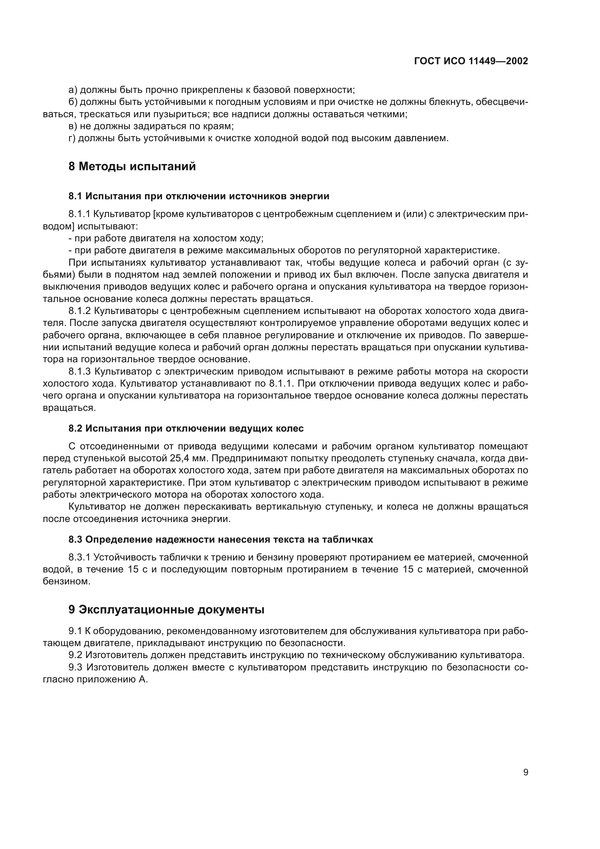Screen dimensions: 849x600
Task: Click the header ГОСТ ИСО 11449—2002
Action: pyautogui.click(x=471, y=61)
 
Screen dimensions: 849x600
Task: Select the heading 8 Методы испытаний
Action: pyautogui.click(x=132, y=166)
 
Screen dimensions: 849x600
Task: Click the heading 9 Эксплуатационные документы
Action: pyautogui.click(x=166, y=609)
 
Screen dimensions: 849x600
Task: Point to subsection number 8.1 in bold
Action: pyautogui.click(x=75, y=196)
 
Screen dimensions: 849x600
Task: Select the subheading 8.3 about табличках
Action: pyautogui.click(x=221, y=539)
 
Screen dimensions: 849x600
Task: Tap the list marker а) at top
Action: pyautogui.click(x=73, y=90)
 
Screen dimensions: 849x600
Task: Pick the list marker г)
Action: pyautogui.click(x=72, y=138)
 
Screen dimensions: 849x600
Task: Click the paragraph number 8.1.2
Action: pyautogui.click(x=79, y=311)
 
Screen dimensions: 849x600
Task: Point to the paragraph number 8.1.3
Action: pyautogui.click(x=79, y=371)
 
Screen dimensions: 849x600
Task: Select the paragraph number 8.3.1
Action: pyautogui.click(x=79, y=557)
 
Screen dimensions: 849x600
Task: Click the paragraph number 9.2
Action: pyautogui.click(x=75, y=655)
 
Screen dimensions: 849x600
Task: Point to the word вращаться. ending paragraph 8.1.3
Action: pyautogui.click(x=69, y=408)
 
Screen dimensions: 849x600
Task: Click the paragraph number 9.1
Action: pyautogui.click(x=75, y=631)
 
